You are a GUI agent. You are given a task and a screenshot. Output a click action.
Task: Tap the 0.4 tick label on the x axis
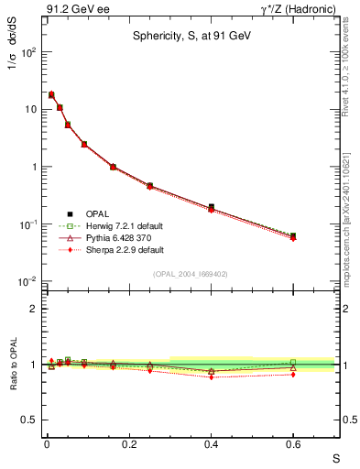[212, 444]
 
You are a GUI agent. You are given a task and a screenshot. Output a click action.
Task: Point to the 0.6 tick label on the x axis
[293, 444]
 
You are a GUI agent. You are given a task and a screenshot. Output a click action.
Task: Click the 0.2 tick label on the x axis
[129, 444]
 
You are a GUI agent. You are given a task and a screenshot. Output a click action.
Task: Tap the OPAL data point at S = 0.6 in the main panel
[293, 235]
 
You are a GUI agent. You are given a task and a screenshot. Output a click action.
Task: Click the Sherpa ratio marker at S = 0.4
[212, 376]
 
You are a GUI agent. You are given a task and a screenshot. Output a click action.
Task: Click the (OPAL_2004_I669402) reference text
[191, 273]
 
